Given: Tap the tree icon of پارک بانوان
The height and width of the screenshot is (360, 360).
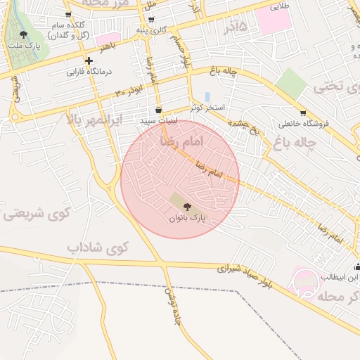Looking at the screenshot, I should pos(186,207).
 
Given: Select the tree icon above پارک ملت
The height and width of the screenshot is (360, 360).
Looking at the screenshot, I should pos(24,34).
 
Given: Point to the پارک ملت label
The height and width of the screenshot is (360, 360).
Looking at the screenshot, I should pos(24,45).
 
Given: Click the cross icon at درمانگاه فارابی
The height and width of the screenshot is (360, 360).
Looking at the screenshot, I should pos(89,60).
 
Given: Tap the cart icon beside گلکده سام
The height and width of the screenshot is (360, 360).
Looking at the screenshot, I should pos(68,14).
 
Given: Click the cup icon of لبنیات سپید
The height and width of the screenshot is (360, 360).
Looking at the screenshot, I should pos(158,110).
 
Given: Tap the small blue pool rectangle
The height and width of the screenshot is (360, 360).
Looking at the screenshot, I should pos(207,96).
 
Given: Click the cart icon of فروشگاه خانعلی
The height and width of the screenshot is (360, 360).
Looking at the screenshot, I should pos(303,112).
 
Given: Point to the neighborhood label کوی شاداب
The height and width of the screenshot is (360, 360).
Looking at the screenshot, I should pos(98,247).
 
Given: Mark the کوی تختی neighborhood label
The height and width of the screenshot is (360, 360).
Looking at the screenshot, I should pos(330,87).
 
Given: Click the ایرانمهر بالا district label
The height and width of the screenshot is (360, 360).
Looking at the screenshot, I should pos(94,120).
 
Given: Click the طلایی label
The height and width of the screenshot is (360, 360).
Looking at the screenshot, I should pos(281,5).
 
